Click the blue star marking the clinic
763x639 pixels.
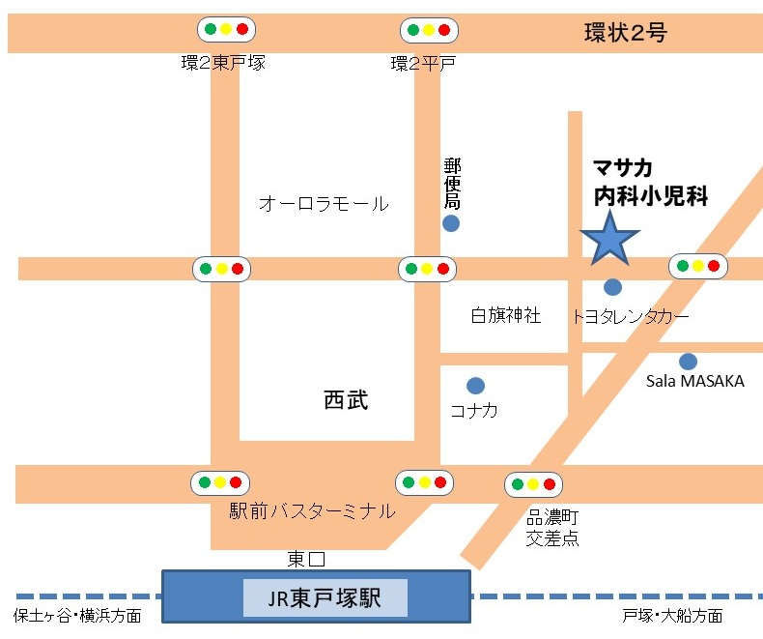pyautogui.click(x=609, y=238)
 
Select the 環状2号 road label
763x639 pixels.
pyautogui.click(x=626, y=34)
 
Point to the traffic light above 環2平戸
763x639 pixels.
pyautogui.click(x=429, y=29)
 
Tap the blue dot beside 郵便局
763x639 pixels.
pyautogui.click(x=451, y=224)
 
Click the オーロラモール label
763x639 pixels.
pyautogui.click(x=324, y=204)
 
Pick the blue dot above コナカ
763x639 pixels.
pyautogui.click(x=475, y=386)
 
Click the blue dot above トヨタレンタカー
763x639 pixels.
pyautogui.click(x=612, y=286)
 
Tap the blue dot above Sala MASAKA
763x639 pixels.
pyautogui.click(x=688, y=362)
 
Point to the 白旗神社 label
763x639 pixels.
pyautogui.click(x=506, y=315)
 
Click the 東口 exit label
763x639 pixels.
pyautogui.click(x=307, y=559)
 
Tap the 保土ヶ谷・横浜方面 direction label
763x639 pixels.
pyautogui.click(x=77, y=616)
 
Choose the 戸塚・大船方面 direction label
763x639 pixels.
pyautogui.click(x=673, y=616)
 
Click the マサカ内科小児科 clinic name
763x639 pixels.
pyautogui.click(x=650, y=182)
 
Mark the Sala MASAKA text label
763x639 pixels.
pyautogui.click(x=695, y=381)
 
